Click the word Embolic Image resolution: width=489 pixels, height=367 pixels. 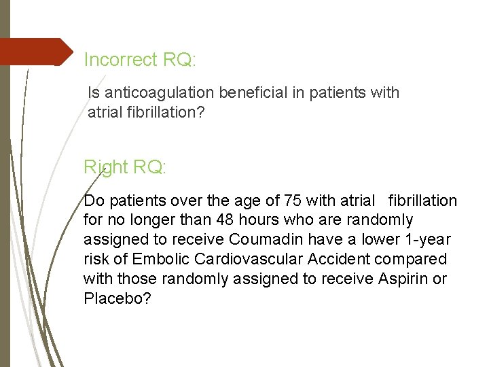point(158,260)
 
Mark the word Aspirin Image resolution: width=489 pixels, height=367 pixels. point(402,279)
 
